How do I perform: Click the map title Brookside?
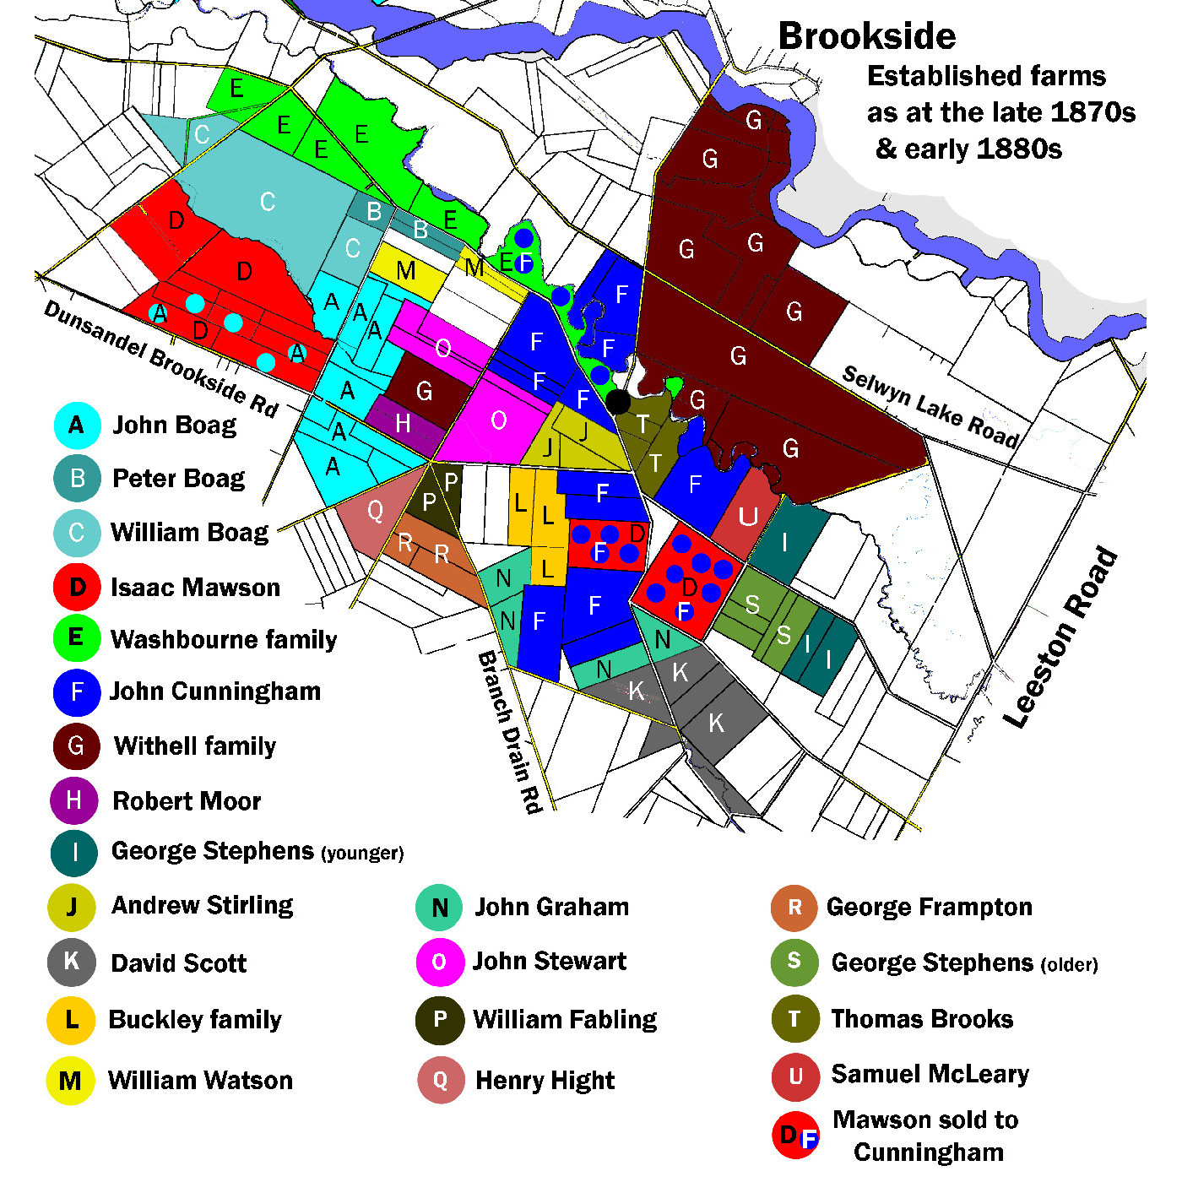click(x=866, y=36)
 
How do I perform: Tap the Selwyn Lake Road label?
click(x=930, y=407)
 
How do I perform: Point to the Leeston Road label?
click(x=1061, y=638)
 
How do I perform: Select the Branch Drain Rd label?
click(x=510, y=731)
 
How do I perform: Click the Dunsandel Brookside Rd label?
click(x=160, y=358)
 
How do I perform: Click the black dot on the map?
click(x=618, y=402)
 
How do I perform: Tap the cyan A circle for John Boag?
click(x=77, y=425)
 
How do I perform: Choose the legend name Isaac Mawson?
click(x=195, y=587)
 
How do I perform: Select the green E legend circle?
click(x=76, y=637)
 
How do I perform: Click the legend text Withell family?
click(x=195, y=746)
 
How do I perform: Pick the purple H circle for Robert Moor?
click(x=74, y=800)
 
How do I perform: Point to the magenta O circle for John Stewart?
click(x=439, y=962)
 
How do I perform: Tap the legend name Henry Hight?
click(x=545, y=1080)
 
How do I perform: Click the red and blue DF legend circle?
click(x=795, y=1136)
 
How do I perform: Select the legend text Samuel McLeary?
click(x=930, y=1073)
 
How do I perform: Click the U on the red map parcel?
click(x=748, y=516)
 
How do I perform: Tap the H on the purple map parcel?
click(x=404, y=422)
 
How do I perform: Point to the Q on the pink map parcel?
click(x=375, y=510)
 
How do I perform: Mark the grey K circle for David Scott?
click(x=72, y=962)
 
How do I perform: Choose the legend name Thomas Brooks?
click(x=922, y=1018)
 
